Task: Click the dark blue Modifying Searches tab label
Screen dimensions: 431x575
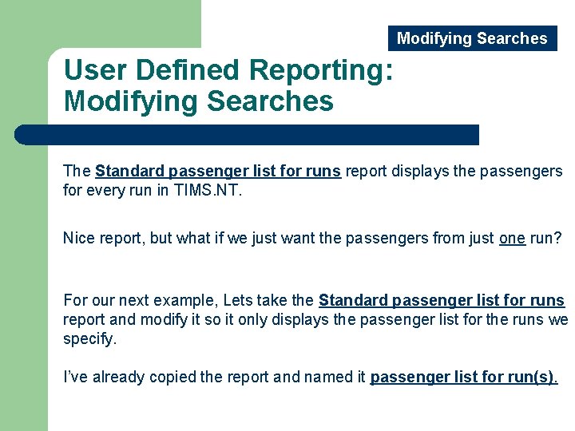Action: [472, 38]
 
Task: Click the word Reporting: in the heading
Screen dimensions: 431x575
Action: [321, 70]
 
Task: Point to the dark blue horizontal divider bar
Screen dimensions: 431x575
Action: [248, 134]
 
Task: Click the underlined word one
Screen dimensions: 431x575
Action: [512, 238]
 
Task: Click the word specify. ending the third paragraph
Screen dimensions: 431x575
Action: [89, 338]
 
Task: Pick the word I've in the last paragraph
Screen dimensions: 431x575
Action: [76, 377]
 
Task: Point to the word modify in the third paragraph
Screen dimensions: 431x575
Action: [177, 320]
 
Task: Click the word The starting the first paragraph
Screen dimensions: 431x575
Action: [77, 172]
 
